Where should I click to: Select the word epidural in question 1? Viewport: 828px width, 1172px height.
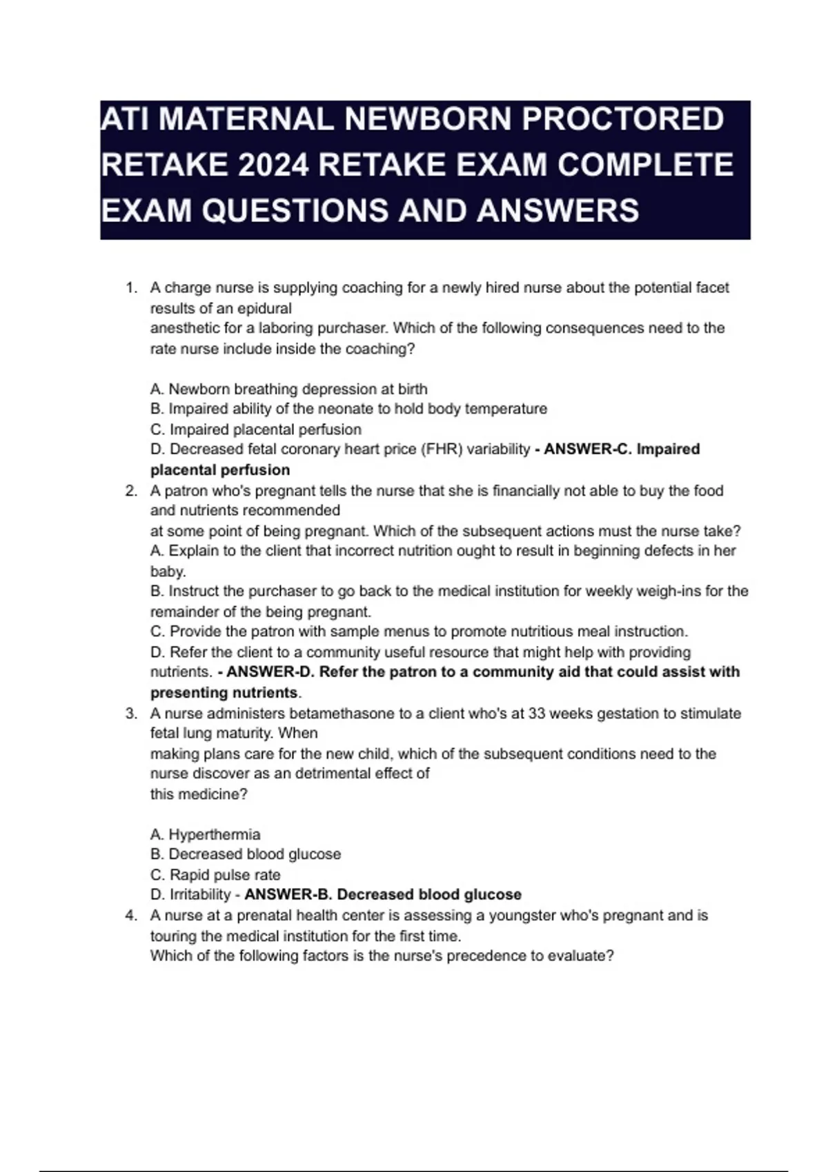coord(264,308)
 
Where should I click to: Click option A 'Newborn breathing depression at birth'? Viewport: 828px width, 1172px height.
coord(288,389)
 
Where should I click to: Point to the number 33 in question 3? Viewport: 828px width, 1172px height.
coord(538,714)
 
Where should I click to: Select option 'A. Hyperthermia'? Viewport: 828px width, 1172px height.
coord(205,834)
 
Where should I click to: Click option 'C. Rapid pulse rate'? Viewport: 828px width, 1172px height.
coord(215,875)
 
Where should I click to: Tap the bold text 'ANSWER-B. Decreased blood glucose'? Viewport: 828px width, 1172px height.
coord(383,895)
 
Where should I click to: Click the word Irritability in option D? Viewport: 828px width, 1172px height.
coord(200,895)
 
